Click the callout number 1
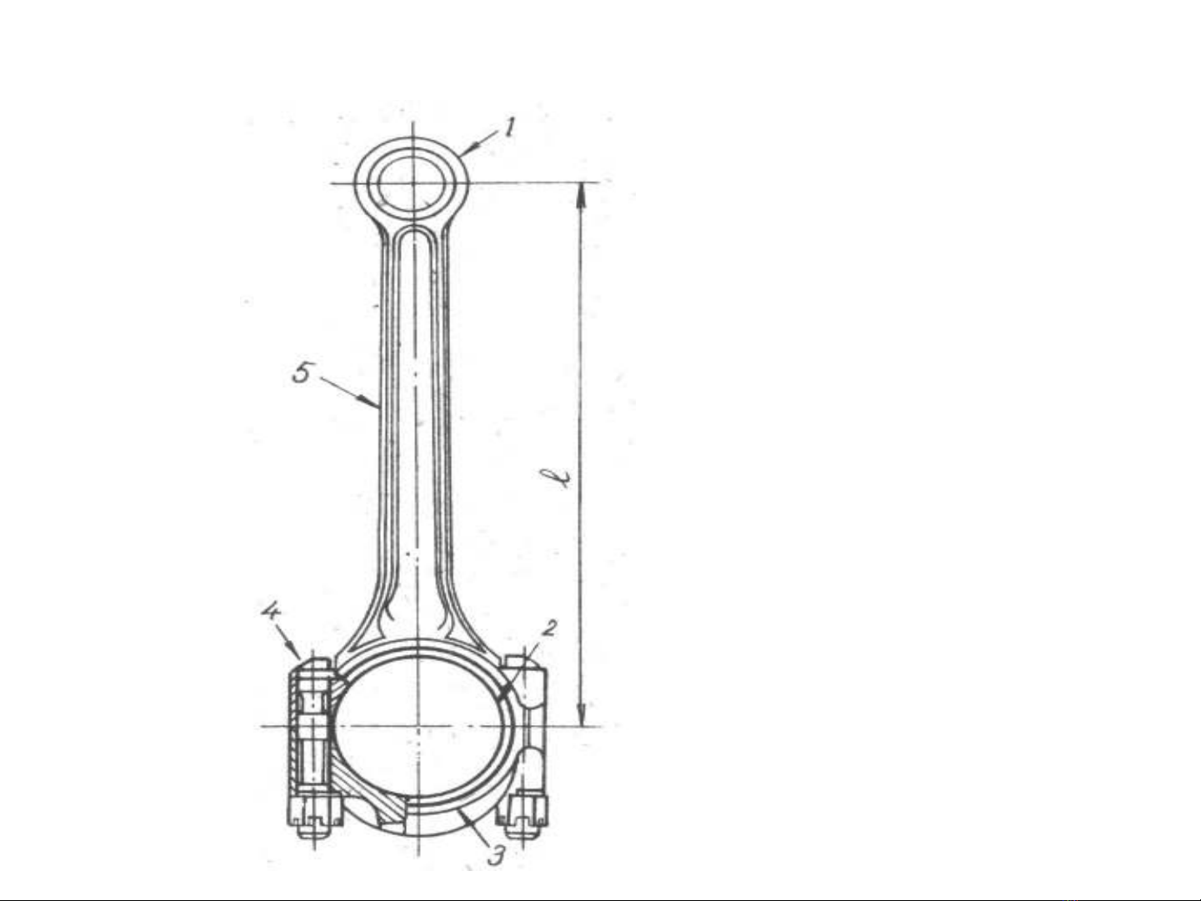[x=509, y=128]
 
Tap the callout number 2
[x=548, y=628]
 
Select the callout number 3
[x=496, y=856]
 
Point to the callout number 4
[x=270, y=611]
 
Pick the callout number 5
[x=302, y=373]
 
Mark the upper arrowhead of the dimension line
[x=581, y=195]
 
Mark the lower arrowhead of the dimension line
[x=581, y=713]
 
